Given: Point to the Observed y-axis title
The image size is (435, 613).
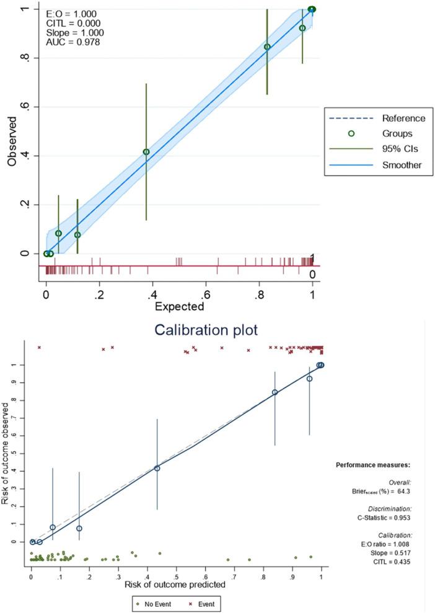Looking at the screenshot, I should (x=12, y=144).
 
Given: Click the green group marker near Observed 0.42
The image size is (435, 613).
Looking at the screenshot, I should (x=146, y=152).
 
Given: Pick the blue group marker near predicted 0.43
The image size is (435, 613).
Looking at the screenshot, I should (x=157, y=468).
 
